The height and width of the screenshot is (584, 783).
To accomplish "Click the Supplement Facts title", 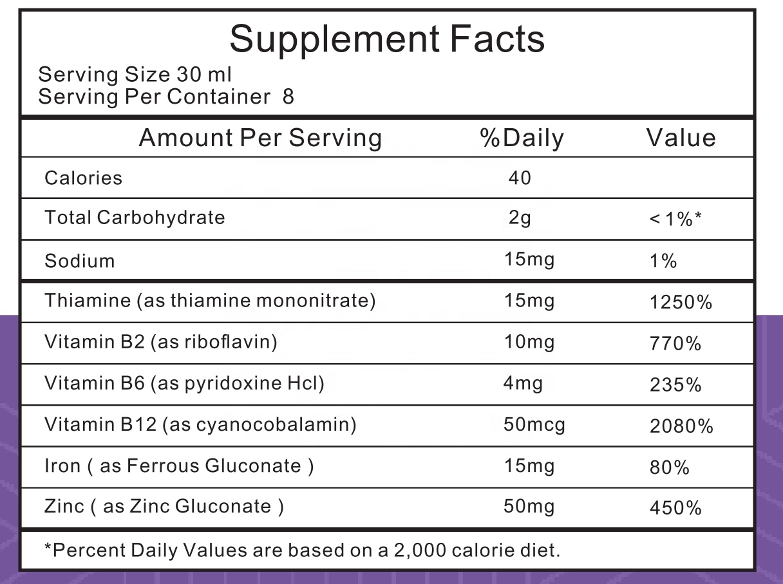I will pos(387,39).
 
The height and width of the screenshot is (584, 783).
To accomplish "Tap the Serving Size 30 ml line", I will pos(135,75).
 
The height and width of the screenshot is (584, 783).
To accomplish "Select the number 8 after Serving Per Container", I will pos(288,97).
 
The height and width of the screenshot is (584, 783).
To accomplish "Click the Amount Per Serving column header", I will pos(260,138).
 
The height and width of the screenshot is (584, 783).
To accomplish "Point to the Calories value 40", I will pos(520,178).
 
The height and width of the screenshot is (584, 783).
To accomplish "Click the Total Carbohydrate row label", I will pos(135,218).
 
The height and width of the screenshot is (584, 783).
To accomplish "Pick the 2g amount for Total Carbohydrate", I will pos(520,218).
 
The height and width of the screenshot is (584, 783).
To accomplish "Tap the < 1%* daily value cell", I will pos(675,220).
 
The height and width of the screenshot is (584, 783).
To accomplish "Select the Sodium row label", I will pos(79,261).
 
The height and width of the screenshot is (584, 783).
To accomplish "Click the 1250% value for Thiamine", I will pos(681,302).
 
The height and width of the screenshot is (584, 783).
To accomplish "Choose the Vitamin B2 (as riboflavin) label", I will pos(160,342).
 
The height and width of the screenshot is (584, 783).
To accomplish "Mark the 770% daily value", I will pos(675,344).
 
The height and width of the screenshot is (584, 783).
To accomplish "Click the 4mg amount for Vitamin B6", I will pos(522,384).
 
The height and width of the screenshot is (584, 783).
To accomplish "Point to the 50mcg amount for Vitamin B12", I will pos(534,425).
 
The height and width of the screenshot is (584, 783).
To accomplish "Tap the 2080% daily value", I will pos(681,426).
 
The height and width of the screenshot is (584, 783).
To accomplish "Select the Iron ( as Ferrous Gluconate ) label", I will pos(179,466).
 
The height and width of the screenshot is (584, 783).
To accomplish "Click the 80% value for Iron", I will pos(670,467).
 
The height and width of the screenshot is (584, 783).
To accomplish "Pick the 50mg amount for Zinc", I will pos(528,507).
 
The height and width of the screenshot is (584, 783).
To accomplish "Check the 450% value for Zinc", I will pos(675,509).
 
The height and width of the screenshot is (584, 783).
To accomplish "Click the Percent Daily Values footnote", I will pos(301,551).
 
